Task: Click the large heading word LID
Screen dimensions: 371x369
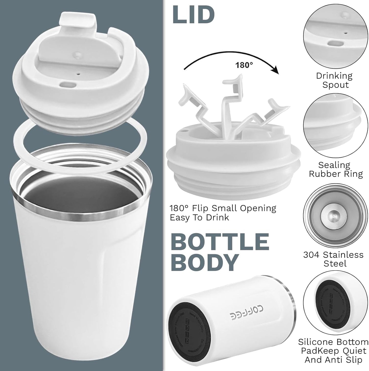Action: pyautogui.click(x=193, y=15)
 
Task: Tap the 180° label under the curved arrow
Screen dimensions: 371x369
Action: pyautogui.click(x=244, y=65)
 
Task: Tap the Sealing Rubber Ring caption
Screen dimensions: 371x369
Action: pyautogui.click(x=336, y=169)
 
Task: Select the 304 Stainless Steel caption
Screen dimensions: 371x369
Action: pyautogui.click(x=333, y=259)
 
